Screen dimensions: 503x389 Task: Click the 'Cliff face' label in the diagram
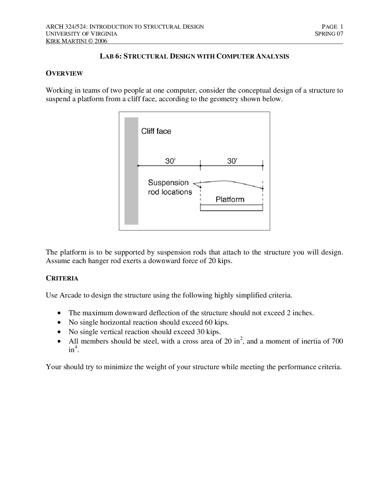[156, 131]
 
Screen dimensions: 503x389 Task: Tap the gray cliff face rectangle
[131, 171]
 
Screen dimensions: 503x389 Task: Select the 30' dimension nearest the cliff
[170, 161]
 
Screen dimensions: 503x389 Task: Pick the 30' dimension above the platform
[232, 161]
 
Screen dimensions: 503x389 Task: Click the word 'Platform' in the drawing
[230, 200]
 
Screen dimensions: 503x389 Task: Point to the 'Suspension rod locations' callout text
[170, 187]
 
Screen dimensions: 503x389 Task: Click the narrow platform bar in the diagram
[231, 208]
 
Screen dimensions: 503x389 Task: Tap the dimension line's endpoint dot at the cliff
[138, 166]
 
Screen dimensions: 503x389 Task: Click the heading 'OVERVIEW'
[64, 74]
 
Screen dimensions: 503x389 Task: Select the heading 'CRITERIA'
[62, 279]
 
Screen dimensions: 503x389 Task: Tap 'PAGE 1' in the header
[332, 27]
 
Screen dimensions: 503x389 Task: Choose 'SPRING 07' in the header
[329, 34]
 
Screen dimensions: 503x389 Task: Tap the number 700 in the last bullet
[337, 341]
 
